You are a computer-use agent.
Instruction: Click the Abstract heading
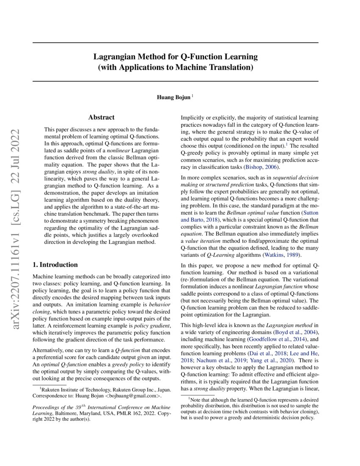(101, 117)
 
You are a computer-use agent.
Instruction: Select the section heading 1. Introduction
(55, 265)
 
